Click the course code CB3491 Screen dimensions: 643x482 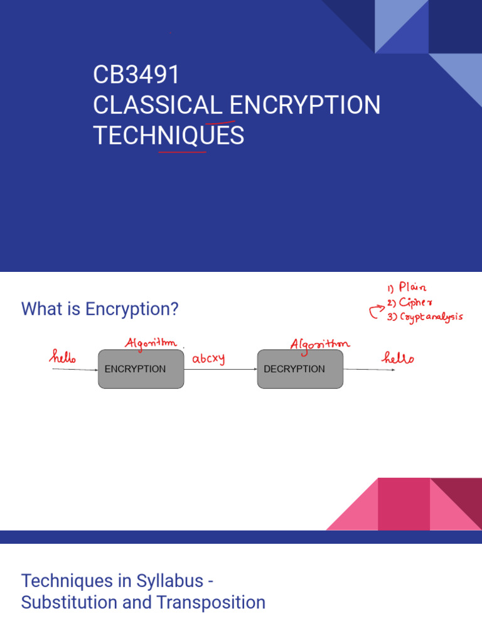pyautogui.click(x=136, y=75)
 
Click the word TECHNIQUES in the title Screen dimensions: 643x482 pyautogui.click(x=168, y=135)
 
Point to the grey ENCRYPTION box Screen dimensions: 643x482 pyautogui.click(x=141, y=369)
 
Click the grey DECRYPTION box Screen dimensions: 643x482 pyautogui.click(x=300, y=369)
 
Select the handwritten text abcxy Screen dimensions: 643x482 pyautogui.click(x=208, y=359)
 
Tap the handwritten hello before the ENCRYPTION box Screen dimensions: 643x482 pyautogui.click(x=63, y=358)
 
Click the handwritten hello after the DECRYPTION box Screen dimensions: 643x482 pyautogui.click(x=399, y=358)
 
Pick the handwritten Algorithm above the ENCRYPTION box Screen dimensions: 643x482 pyautogui.click(x=151, y=343)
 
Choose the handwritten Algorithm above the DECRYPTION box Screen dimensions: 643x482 pyautogui.click(x=319, y=343)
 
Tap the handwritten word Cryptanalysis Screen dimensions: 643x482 pyautogui.click(x=431, y=316)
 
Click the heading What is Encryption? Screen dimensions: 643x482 pyautogui.click(x=100, y=309)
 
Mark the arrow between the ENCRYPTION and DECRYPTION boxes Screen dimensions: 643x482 pyautogui.click(x=220, y=370)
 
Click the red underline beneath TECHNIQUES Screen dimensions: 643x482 pyautogui.click(x=182, y=151)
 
